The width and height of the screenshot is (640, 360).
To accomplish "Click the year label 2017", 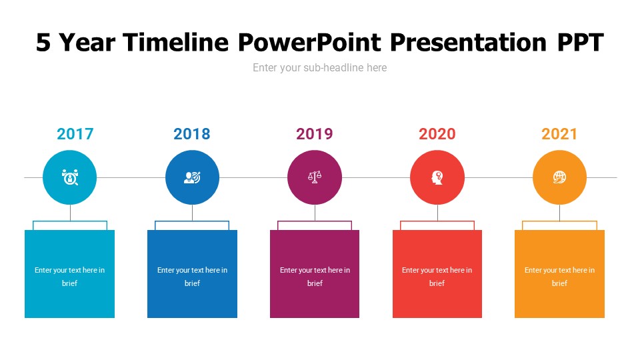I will [x=75, y=134].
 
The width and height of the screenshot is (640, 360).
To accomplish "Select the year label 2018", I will [x=192, y=134].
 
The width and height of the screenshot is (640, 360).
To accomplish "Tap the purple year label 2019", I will [x=315, y=134].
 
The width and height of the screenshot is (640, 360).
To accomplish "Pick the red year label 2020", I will [x=437, y=134].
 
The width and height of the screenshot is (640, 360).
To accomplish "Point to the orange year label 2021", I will [x=559, y=134].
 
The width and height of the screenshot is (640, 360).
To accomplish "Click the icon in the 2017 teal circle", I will [x=70, y=177].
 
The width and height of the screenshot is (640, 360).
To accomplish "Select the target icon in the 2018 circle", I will [x=192, y=177].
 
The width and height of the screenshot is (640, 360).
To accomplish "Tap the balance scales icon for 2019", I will [x=315, y=177].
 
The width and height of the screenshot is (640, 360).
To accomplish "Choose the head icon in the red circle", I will [x=437, y=177].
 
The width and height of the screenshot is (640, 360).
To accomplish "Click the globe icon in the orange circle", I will [x=559, y=177].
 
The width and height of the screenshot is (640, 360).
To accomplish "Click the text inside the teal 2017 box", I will [x=70, y=277].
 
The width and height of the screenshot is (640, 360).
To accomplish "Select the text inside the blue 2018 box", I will [x=192, y=277].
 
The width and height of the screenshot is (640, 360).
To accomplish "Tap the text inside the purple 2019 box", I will [x=315, y=277].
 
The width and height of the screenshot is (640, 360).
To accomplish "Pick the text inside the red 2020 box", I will [x=437, y=277].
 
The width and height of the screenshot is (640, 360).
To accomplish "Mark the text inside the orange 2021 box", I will [x=559, y=277].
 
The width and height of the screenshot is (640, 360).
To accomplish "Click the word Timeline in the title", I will [x=177, y=43].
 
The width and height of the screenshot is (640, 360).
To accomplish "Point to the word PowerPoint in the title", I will [x=309, y=43].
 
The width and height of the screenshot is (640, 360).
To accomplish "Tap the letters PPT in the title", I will [x=580, y=43].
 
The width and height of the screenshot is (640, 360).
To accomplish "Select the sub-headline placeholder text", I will [x=319, y=67].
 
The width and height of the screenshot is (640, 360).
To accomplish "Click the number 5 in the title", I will [x=43, y=43].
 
